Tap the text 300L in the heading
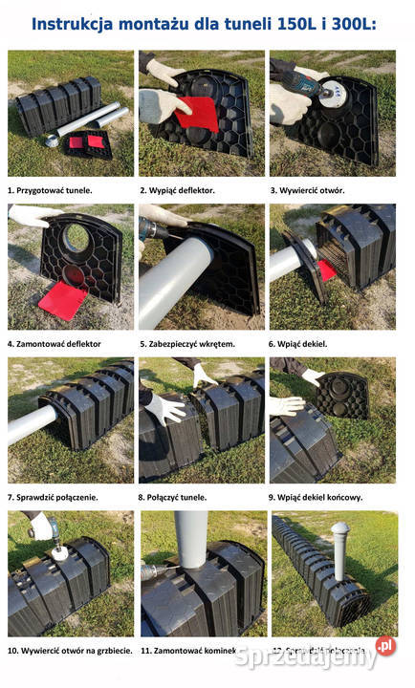click(349, 23)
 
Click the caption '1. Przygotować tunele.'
click(51, 190)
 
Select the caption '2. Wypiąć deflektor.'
click(178, 190)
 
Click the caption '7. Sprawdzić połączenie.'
click(54, 497)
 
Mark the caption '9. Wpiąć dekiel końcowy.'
click(317, 497)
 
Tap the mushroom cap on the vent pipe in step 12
click(340, 528)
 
